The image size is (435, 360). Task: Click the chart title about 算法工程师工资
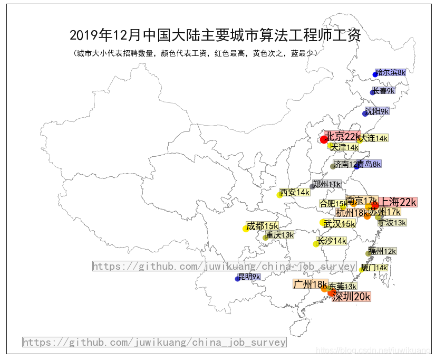(215, 35)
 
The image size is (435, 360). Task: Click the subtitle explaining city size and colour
(196, 53)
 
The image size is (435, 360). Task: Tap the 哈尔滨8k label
(391, 72)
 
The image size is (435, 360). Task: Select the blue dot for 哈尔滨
(375, 74)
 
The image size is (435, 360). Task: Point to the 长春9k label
(384, 91)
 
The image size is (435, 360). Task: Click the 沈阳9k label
(377, 111)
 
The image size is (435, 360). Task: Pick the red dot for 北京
(324, 139)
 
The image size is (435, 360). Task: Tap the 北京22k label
(342, 136)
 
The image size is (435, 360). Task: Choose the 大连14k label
(374, 138)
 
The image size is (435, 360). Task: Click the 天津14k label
(344, 147)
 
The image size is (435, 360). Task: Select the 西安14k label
(295, 192)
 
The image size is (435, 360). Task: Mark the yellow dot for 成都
(246, 229)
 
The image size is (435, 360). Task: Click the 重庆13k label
(280, 235)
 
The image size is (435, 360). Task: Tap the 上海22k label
(399, 202)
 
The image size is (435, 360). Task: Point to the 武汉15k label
(339, 224)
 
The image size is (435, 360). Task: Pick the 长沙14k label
(331, 241)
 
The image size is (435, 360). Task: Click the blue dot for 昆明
(237, 279)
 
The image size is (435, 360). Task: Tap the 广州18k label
(310, 285)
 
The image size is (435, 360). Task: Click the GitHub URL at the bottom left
(154, 342)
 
